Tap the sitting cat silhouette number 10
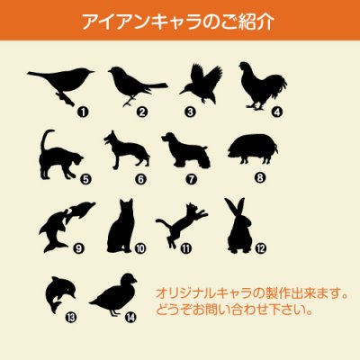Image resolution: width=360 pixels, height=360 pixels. (x=121, y=226)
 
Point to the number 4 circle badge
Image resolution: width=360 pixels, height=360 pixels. (x=277, y=113)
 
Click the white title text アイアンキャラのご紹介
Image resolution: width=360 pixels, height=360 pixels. (x=180, y=21)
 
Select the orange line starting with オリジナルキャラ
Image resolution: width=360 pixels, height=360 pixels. (x=251, y=294)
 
